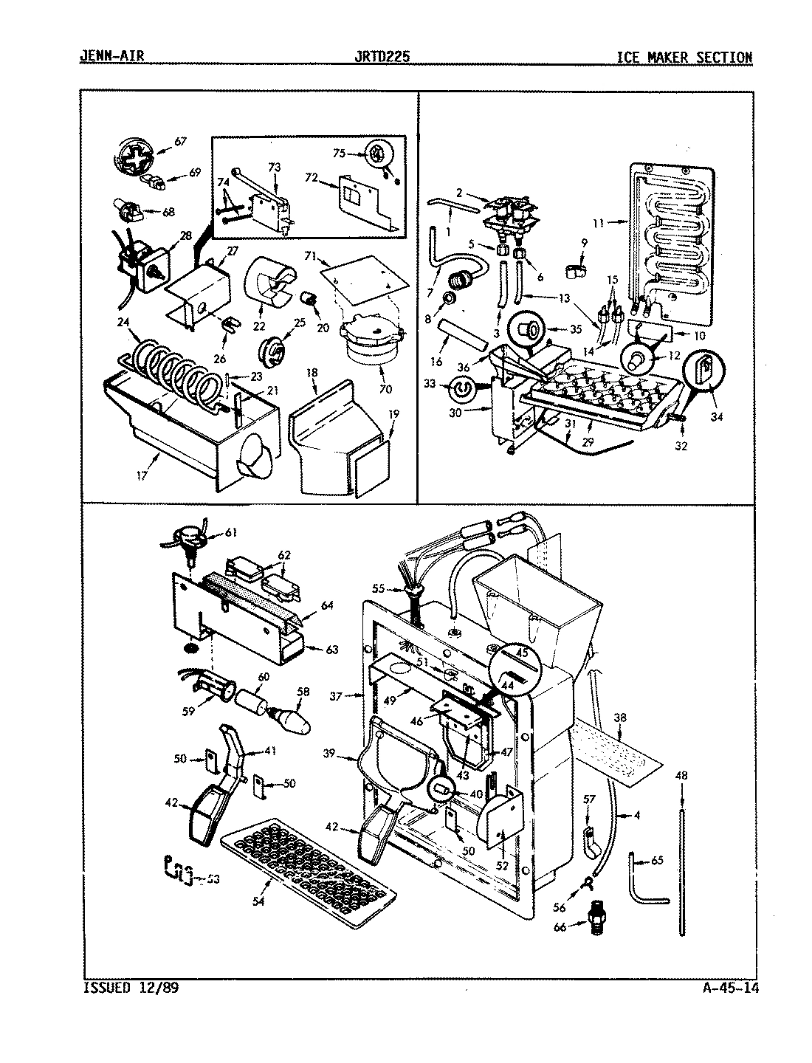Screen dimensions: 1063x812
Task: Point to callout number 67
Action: click(179, 141)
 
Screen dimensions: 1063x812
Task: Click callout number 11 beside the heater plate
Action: click(597, 221)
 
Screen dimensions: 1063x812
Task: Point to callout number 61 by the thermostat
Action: click(231, 532)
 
